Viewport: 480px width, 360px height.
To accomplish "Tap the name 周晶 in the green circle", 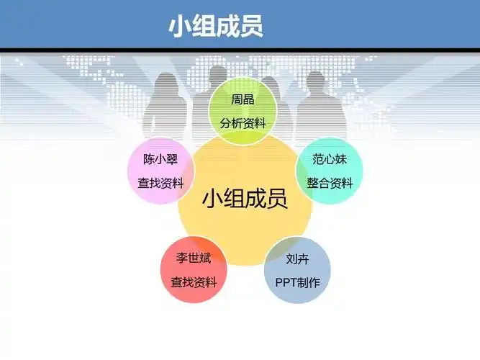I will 243,100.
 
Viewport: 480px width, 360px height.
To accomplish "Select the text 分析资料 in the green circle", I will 243,123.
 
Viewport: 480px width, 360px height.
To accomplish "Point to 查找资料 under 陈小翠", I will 160,183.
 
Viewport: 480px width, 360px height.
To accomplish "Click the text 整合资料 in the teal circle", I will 330,183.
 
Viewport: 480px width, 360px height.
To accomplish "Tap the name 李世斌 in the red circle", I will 194,258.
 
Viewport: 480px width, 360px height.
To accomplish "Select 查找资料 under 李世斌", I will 194,282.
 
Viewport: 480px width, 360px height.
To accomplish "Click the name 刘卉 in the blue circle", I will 297,258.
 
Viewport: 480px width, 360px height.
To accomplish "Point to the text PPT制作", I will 297,282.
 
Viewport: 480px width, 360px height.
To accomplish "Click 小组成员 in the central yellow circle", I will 245,198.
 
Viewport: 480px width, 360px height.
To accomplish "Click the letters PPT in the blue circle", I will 286,282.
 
